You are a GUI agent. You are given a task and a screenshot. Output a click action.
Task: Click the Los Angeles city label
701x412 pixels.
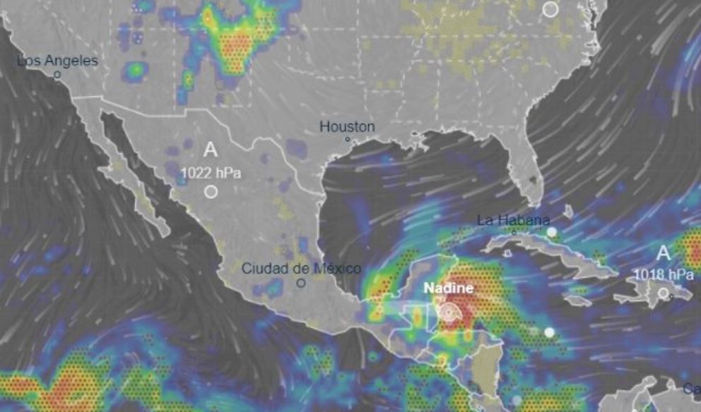click(57, 61)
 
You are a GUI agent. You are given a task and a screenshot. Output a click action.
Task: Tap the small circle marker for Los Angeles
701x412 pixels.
click(57, 73)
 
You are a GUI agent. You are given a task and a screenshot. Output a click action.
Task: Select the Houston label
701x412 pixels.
click(347, 127)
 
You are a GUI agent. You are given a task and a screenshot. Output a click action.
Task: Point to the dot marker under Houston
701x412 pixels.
click(348, 139)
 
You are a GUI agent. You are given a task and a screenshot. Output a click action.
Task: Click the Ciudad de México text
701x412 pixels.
click(301, 268)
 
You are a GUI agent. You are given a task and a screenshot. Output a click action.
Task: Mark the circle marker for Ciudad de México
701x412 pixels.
click(301, 283)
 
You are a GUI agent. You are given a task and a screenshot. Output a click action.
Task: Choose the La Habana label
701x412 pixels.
click(513, 219)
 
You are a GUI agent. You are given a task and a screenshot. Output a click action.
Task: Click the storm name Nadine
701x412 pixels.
click(449, 289)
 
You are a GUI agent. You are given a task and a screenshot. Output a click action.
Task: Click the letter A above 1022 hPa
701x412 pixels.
click(210, 150)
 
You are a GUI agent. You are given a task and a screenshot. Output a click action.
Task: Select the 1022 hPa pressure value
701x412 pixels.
click(210, 171)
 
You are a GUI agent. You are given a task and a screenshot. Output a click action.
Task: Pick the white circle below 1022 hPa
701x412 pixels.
click(210, 191)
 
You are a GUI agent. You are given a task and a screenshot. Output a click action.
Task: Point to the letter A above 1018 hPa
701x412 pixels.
click(663, 253)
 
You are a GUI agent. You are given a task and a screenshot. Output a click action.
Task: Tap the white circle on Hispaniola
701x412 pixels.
click(663, 293)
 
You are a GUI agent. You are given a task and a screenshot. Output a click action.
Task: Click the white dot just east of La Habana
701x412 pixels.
click(550, 232)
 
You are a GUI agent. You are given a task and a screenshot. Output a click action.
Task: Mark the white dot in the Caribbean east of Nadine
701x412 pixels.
click(549, 332)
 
